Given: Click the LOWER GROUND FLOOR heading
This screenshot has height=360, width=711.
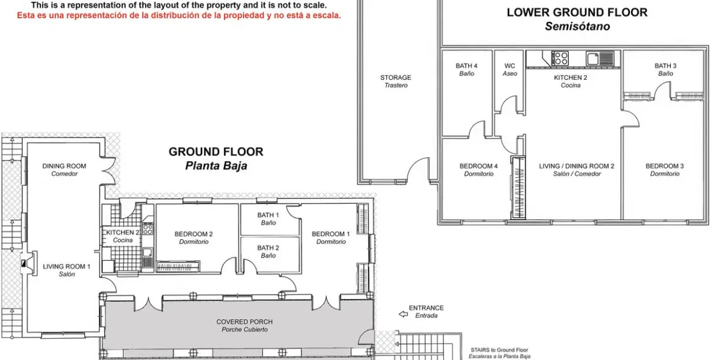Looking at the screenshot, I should (x=577, y=12).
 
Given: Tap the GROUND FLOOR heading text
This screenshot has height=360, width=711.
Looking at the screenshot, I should (x=216, y=152).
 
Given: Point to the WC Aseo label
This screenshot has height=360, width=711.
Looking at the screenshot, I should (x=510, y=70).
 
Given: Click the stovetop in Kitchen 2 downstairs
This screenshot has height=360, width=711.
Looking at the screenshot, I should (x=560, y=59).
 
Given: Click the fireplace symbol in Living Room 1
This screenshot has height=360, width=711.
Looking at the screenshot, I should (x=24, y=264).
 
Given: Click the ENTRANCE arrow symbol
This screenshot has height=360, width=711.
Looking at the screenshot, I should (x=402, y=314).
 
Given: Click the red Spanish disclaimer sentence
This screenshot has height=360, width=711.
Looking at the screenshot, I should (x=179, y=15).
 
